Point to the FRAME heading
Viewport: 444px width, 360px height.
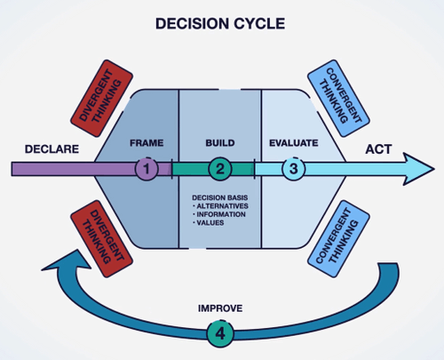coord(147,142)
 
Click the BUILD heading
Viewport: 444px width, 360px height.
coord(219,142)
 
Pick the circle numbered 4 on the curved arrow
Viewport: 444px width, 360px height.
coord(219,334)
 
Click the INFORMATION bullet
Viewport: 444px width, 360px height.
coord(222,212)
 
